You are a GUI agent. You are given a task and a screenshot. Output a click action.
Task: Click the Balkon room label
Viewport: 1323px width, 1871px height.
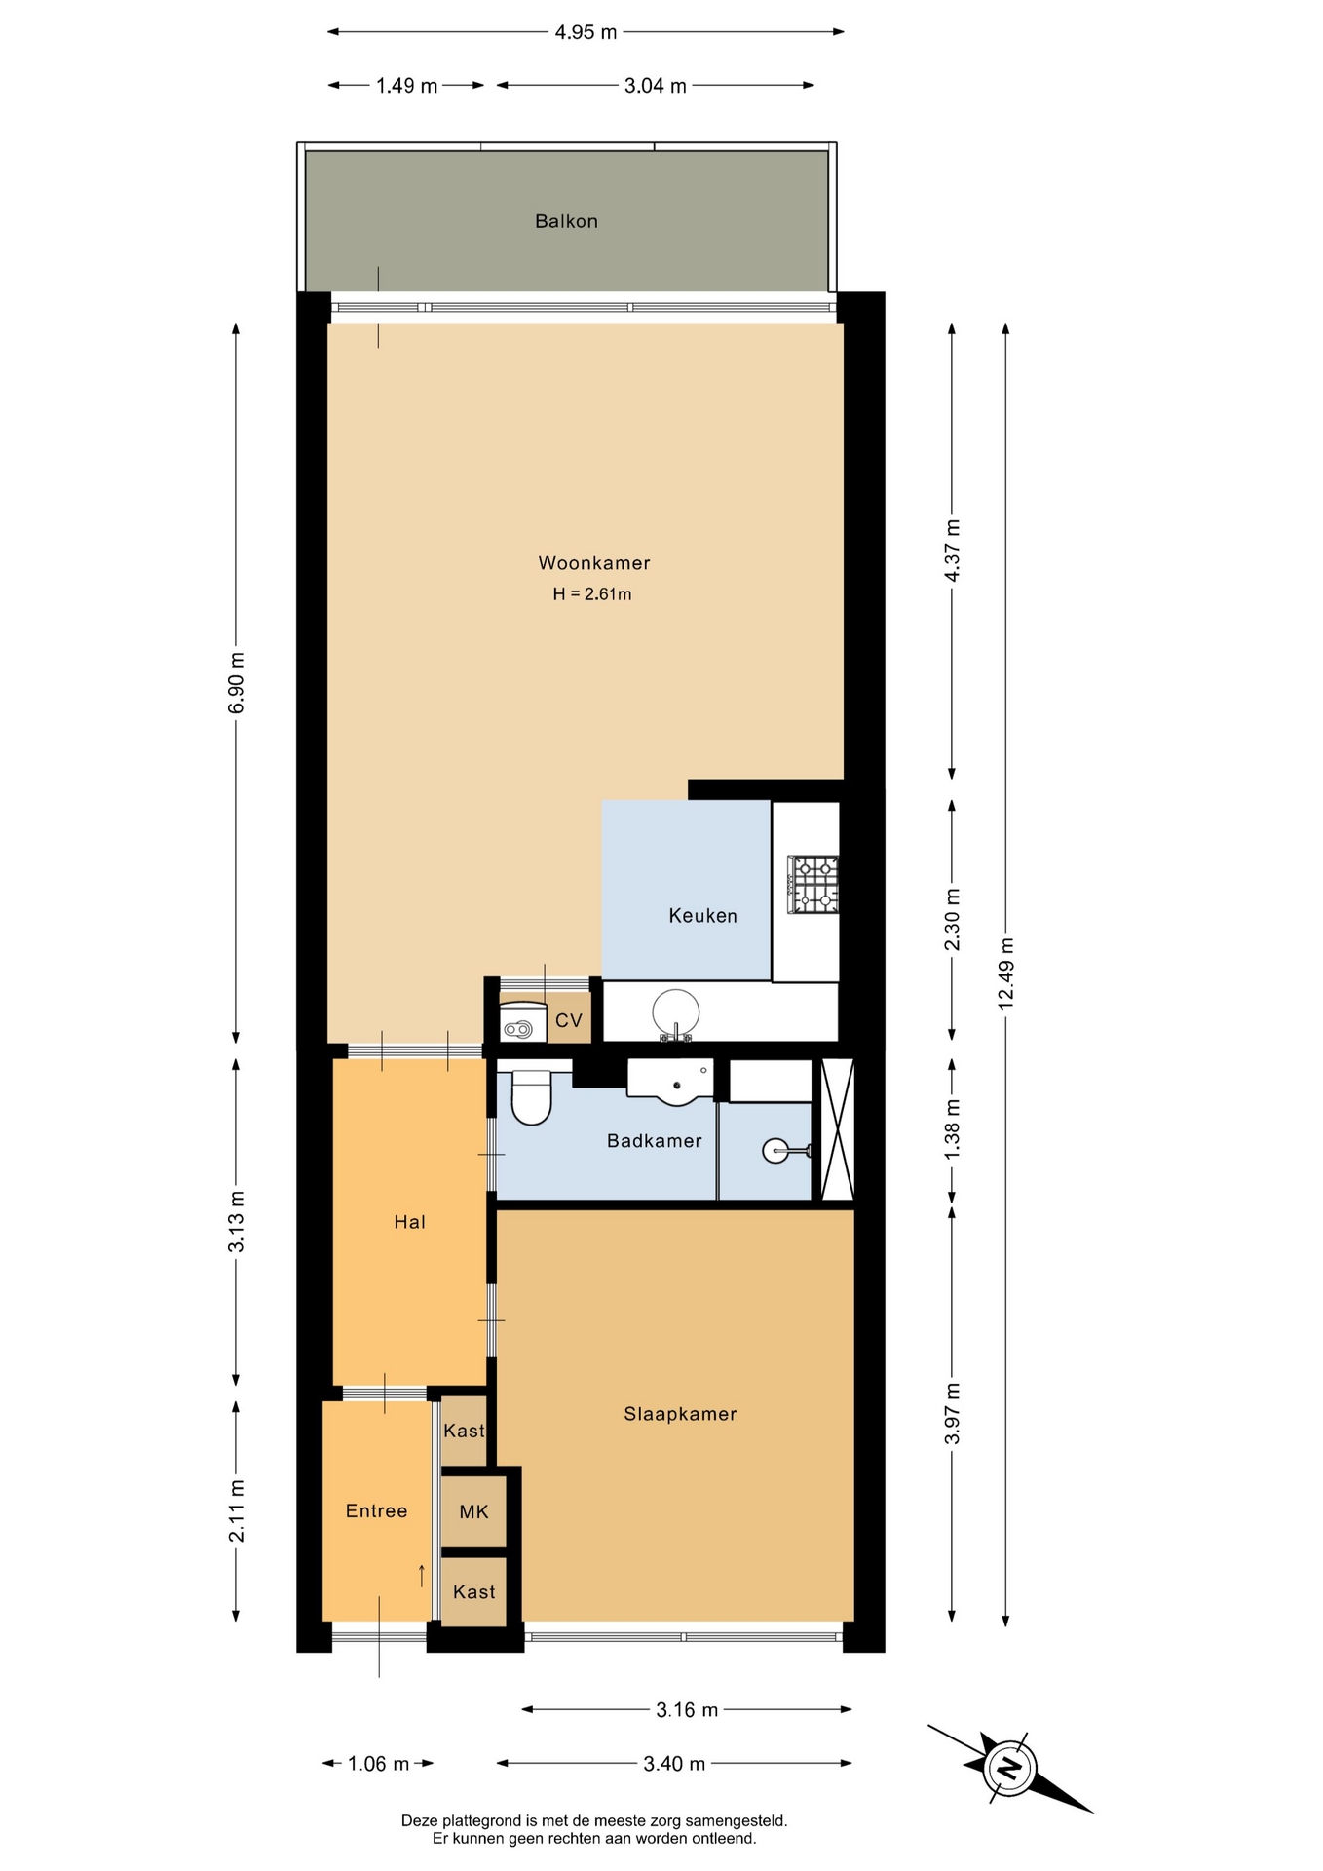pos(566,221)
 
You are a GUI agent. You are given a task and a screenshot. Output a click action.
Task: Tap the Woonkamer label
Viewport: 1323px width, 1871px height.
pos(594,562)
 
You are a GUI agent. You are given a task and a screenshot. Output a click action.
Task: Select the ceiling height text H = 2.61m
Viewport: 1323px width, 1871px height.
pos(592,593)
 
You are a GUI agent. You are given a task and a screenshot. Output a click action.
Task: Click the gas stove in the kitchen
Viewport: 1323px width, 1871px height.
pos(813,885)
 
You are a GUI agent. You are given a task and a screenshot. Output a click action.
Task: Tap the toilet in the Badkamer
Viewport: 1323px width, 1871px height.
pos(531,1097)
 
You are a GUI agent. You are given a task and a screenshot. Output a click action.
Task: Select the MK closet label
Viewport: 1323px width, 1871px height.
pos(473,1511)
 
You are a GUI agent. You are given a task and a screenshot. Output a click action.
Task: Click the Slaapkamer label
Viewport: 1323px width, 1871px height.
pos(680,1413)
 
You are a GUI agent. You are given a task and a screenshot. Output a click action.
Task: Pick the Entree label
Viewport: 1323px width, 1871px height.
pos(376,1510)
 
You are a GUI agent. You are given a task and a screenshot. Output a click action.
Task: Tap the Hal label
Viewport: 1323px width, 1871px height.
pos(409,1222)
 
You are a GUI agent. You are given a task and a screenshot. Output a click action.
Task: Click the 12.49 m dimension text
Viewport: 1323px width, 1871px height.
pos(1006,973)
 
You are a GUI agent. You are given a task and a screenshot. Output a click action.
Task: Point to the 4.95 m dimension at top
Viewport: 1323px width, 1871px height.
pos(586,32)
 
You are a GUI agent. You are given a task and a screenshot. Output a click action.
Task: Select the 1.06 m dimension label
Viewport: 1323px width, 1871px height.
pos(378,1764)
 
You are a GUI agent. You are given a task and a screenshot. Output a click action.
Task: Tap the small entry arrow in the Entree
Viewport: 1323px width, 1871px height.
pos(422,1576)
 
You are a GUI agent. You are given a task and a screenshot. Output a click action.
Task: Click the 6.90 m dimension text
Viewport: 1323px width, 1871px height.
pos(236,682)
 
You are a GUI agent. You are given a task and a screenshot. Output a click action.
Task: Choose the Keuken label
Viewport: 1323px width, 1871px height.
pos(702,916)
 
